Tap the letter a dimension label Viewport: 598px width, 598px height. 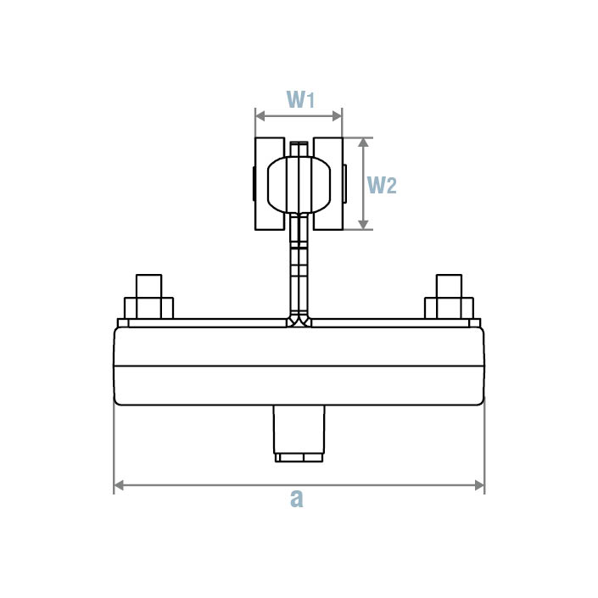coord(296,500)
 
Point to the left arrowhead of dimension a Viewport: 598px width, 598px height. coord(119,486)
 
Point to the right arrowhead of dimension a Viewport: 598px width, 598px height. coord(479,486)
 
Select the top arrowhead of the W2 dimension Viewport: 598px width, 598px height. coord(364,142)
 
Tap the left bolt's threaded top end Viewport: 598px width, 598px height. coord(148,285)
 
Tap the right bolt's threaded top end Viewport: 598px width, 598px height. coord(449,285)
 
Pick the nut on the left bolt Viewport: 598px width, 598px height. coord(148,307)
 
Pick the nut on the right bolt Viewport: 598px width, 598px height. coord(449,307)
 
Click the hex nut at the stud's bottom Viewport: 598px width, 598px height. coord(299,457)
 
